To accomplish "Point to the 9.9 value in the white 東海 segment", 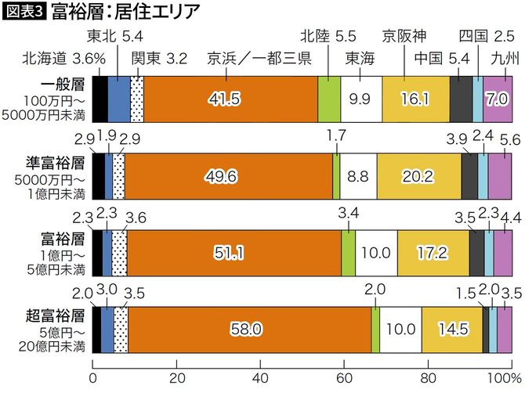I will point(361,99).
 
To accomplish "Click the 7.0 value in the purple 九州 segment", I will point(498,99).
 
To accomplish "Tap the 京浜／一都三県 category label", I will point(259,57).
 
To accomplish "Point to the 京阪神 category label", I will point(404,35).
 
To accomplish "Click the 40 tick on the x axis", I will point(260,378).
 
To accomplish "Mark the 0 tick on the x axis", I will point(93,378).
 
